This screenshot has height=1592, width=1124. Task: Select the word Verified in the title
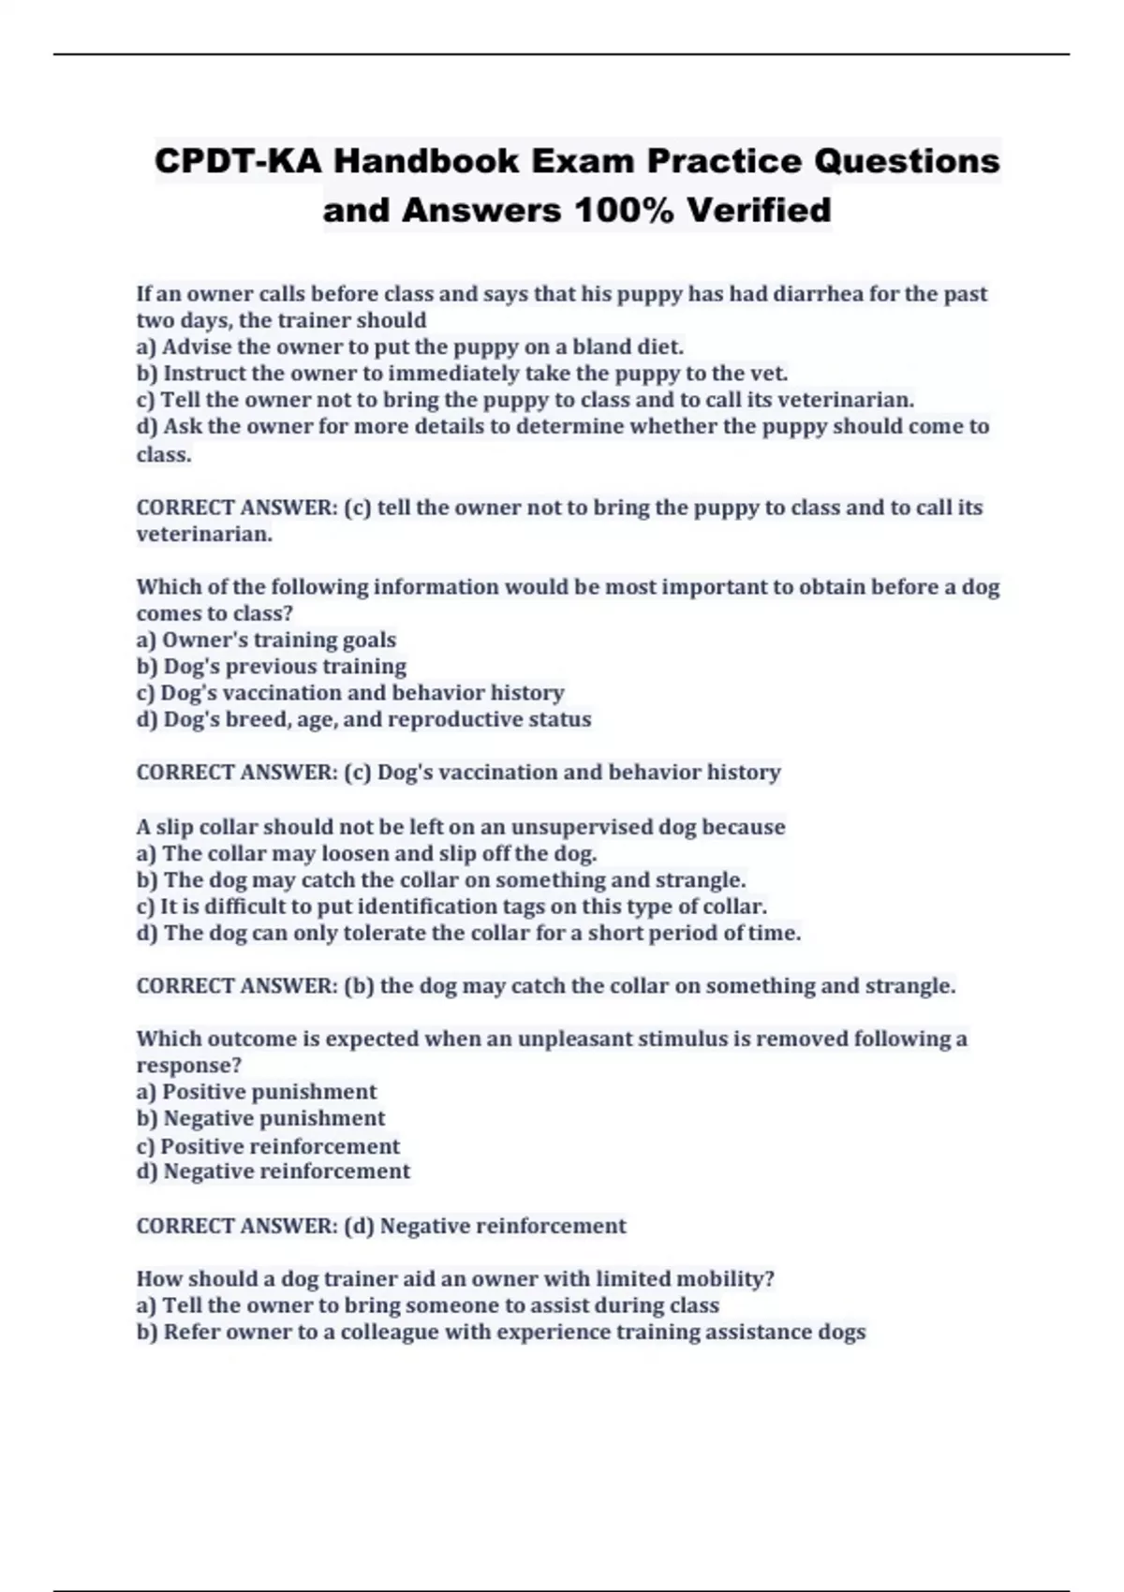click(759, 210)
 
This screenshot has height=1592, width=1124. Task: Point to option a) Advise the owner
click(409, 347)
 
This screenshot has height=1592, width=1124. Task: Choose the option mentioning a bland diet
click(409, 347)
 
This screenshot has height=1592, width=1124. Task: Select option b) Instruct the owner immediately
click(462, 374)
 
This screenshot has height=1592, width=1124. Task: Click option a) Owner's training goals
click(266, 641)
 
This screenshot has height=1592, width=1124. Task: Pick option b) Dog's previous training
click(271, 667)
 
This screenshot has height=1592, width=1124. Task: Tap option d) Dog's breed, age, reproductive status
click(363, 720)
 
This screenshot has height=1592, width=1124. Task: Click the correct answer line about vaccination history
click(458, 773)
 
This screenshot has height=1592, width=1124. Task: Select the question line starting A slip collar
click(460, 828)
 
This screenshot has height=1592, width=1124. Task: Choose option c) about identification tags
click(451, 907)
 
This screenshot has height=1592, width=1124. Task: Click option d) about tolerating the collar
click(468, 934)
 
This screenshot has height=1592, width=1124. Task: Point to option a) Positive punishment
click(256, 1093)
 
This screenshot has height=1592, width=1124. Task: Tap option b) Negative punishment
click(260, 1119)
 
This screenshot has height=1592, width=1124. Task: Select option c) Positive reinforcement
click(268, 1147)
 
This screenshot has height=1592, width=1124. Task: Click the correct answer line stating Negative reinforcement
click(381, 1227)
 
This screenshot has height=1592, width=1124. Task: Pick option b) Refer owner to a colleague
click(501, 1333)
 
